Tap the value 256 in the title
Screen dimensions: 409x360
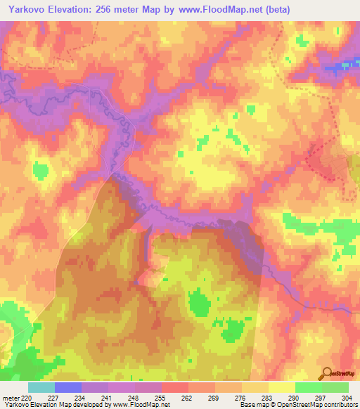point(119,10)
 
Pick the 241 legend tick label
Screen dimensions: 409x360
point(108,398)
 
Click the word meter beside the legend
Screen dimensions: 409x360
point(11,398)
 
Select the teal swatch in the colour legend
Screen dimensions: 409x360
point(41,388)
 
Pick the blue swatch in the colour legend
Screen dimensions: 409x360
point(68,388)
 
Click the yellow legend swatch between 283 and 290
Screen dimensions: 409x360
point(281,388)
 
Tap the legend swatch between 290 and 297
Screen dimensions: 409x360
point(308,388)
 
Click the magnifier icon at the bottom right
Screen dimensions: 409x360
point(326,372)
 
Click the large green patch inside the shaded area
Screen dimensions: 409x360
point(200,305)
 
